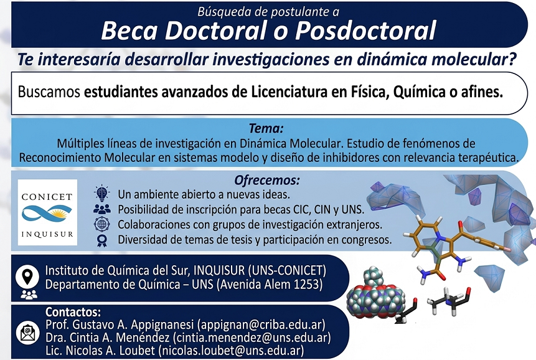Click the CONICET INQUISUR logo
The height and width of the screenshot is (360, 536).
(47, 212)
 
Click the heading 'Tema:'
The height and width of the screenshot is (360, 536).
(266, 129)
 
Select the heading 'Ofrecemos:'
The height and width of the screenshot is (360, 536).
(267, 181)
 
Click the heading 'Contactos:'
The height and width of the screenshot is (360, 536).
(73, 312)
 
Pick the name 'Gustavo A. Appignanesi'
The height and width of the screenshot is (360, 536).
(121, 325)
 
